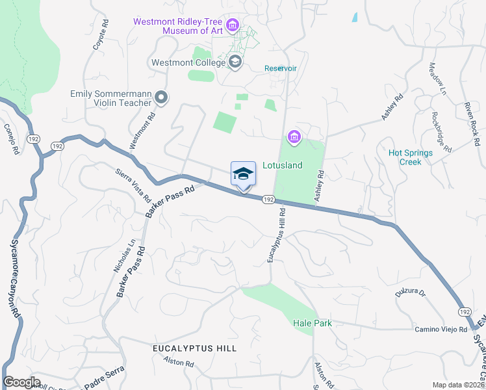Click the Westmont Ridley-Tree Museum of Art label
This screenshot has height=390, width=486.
click(x=177, y=25)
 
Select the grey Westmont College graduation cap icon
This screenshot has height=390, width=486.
click(x=235, y=62)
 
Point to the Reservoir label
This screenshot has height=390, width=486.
click(x=281, y=69)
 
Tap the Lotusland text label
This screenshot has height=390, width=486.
click(x=282, y=166)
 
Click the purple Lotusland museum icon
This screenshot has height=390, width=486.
click(x=294, y=136)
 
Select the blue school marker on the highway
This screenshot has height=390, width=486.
click(x=243, y=174)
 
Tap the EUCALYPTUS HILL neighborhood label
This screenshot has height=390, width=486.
click(x=194, y=348)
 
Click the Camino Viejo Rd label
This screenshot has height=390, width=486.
click(x=442, y=330)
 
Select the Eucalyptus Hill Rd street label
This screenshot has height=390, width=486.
click(x=277, y=236)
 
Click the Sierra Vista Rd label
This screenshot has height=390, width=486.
click(x=133, y=186)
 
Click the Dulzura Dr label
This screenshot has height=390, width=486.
click(x=409, y=293)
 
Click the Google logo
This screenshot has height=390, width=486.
click(x=21, y=382)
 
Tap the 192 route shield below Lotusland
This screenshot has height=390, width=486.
click(x=268, y=201)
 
